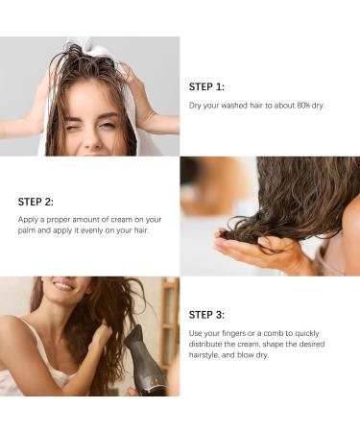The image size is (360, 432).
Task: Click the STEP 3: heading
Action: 207,314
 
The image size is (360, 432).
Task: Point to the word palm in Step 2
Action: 29,230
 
